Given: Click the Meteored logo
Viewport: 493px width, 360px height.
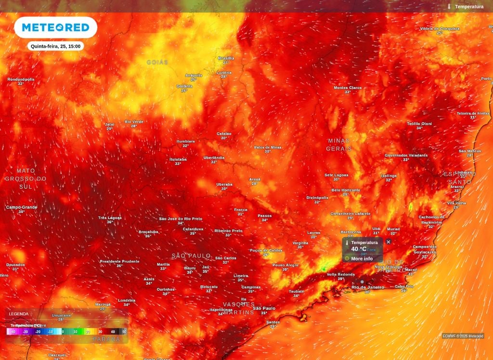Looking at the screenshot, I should click(x=55, y=27).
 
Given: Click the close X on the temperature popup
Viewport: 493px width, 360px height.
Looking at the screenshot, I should click(x=389, y=242).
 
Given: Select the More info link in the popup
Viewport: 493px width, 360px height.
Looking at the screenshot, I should click(x=362, y=258).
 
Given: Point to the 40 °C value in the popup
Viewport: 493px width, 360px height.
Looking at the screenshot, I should click(x=358, y=249).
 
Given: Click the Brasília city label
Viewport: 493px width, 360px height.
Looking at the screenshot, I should click(x=226, y=58).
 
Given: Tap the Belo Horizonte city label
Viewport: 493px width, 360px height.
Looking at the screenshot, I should click(x=346, y=190).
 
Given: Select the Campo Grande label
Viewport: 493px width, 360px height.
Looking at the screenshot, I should click(x=22, y=207).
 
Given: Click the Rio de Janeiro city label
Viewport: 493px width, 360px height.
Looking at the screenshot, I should click(x=368, y=287).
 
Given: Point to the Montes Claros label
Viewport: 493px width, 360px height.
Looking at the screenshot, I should click(x=348, y=88).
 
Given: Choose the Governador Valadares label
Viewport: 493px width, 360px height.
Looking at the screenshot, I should click(x=406, y=155).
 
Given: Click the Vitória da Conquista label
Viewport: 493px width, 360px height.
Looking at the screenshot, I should click(x=440, y=29).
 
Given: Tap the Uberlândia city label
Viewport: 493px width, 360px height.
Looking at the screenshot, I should click(x=214, y=157).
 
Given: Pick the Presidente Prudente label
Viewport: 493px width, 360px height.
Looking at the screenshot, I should click(x=119, y=261).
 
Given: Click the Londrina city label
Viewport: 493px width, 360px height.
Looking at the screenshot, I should click(x=127, y=300).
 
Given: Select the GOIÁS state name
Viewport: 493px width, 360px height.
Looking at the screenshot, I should click(x=157, y=63).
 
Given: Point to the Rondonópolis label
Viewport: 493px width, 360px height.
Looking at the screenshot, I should click(x=21, y=79).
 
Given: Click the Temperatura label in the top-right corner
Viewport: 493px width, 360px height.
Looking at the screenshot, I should click(x=469, y=7).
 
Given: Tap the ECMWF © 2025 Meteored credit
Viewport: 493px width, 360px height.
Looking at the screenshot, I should click(x=463, y=336).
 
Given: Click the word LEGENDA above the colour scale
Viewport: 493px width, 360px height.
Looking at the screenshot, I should click(x=19, y=314).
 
